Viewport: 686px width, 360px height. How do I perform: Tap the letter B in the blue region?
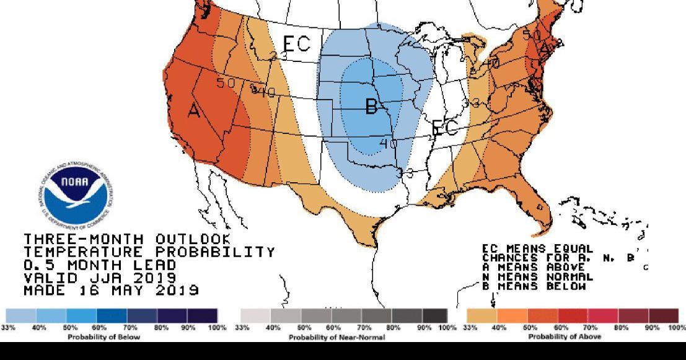pos(371,107)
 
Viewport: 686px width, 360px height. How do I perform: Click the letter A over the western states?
pos(194,111)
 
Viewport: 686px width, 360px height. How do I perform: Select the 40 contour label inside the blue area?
pos(389,143)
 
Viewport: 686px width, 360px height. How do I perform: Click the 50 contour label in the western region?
pos(226,82)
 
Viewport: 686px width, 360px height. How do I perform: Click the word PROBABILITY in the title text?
pos(214,252)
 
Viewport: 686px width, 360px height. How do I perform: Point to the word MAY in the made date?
pos(125,290)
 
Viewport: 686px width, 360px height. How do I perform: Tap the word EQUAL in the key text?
pos(569,248)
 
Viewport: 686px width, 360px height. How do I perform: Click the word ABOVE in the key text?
pos(564,268)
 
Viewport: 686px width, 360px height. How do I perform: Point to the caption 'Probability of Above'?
pos(564,337)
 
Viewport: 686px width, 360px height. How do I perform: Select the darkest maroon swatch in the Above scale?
pos(664,316)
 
